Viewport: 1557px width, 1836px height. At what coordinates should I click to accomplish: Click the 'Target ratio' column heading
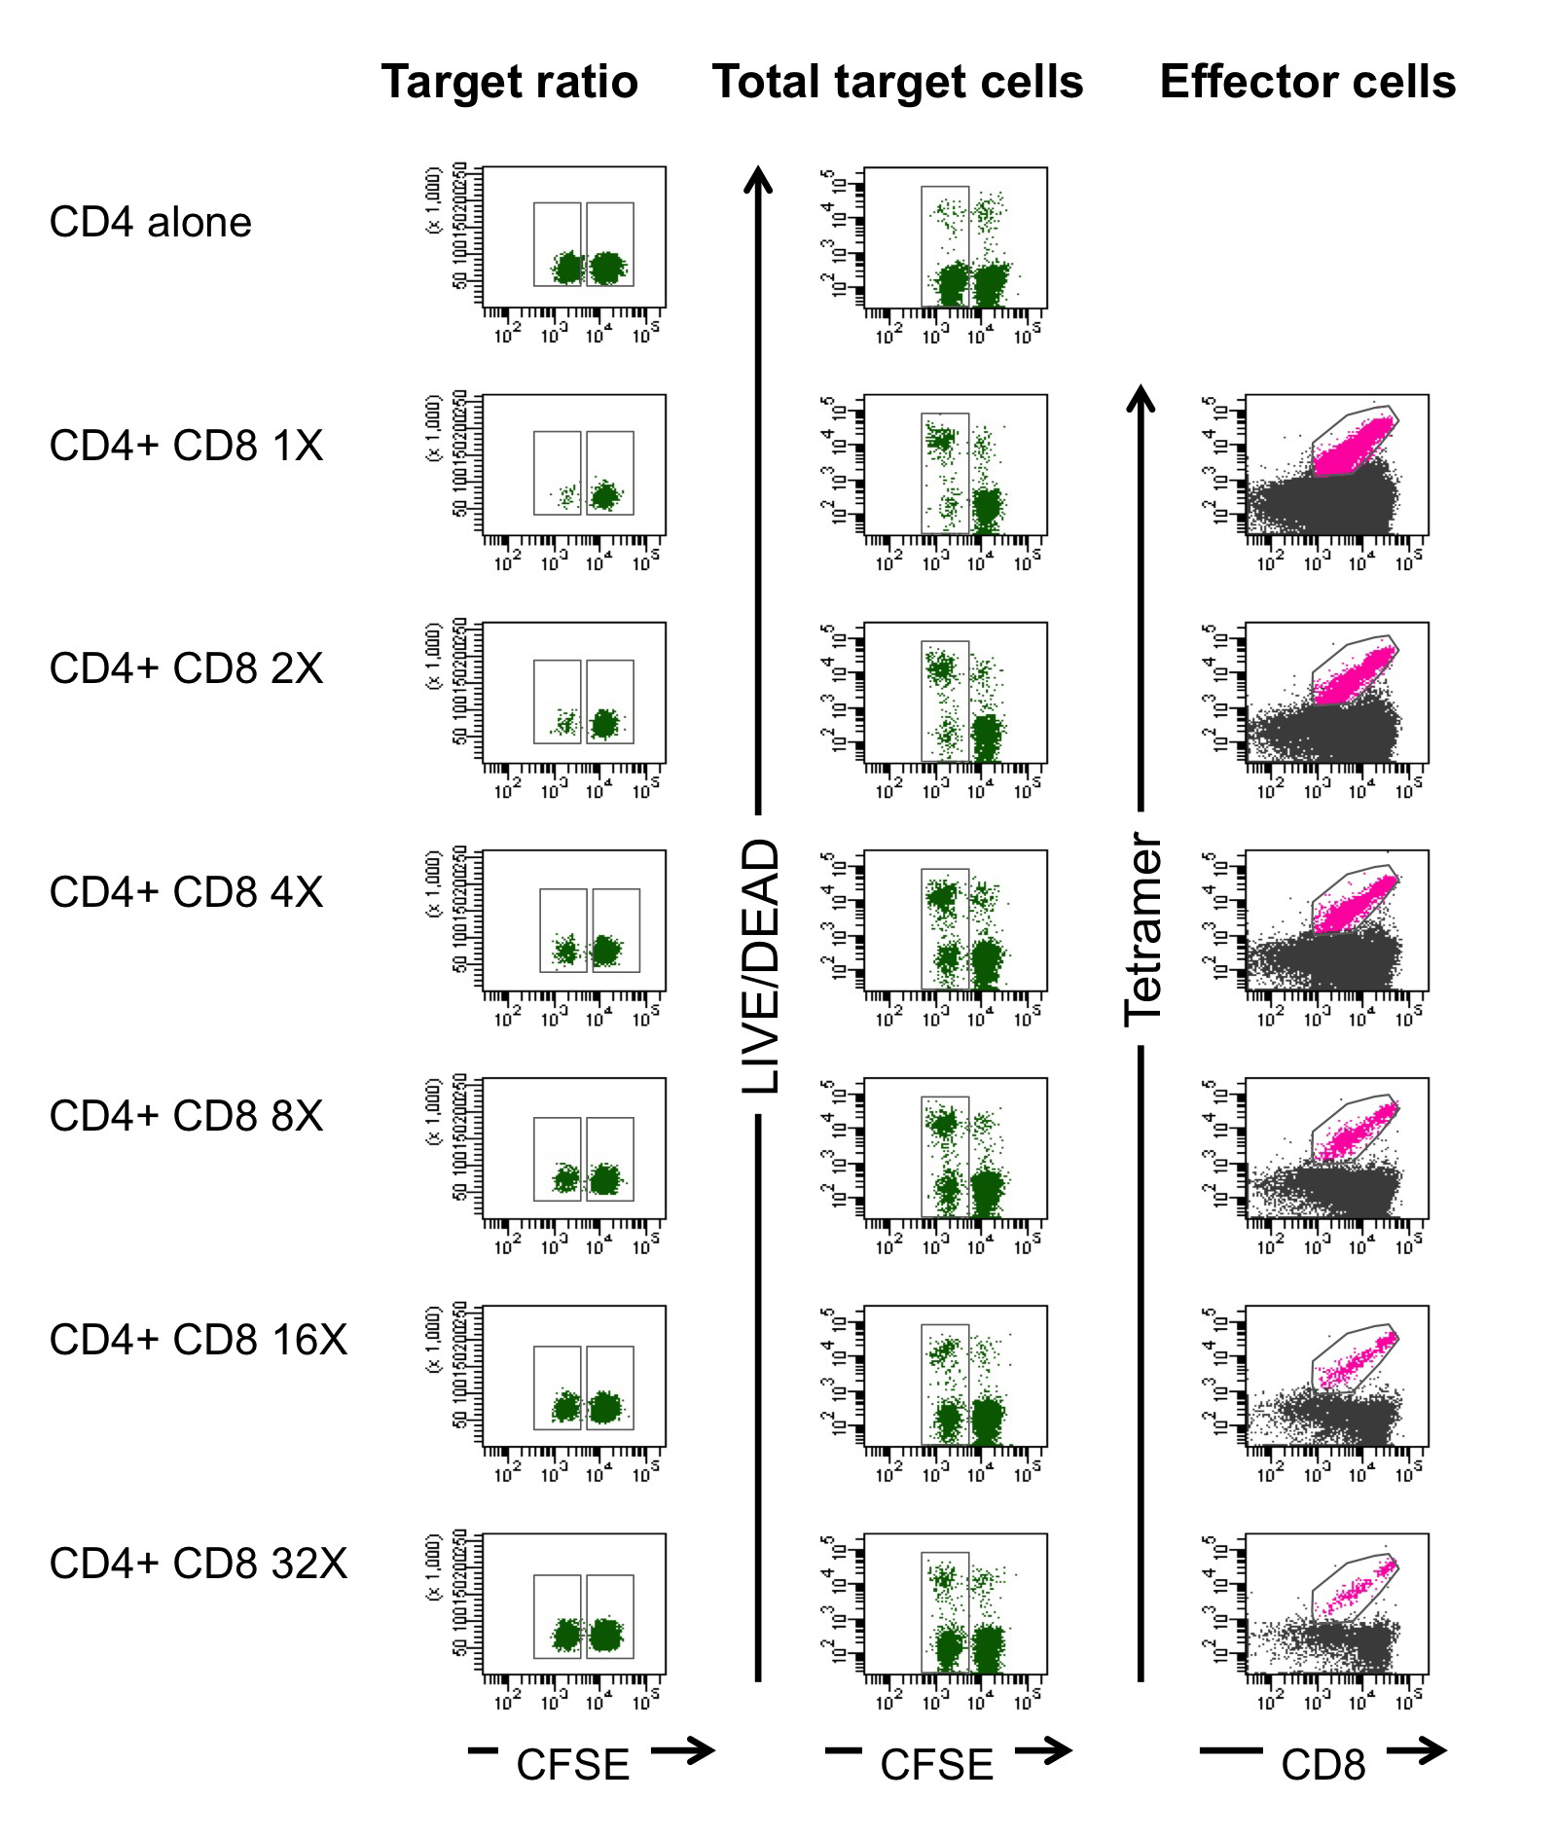509,82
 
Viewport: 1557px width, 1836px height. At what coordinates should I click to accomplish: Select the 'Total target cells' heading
897,82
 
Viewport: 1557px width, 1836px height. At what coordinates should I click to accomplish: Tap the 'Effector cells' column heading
1307,82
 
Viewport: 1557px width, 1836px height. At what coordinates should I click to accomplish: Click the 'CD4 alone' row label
151,223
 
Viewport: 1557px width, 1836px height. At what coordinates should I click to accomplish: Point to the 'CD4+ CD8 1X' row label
186,446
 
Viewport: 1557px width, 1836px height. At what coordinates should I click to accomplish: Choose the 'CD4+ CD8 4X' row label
186,892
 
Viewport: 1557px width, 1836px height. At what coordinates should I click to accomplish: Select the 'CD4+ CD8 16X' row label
199,1340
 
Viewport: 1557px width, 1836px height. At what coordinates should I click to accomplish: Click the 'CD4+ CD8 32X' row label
199,1564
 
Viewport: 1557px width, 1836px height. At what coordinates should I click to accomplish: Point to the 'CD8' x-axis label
1322,1765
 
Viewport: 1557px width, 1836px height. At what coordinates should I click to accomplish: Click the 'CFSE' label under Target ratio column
572,1765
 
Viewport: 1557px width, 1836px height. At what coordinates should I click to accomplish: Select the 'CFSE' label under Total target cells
936,1765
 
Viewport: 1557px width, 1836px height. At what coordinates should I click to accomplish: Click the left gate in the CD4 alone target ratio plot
558,244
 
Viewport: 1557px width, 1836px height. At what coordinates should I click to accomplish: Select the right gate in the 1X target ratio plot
610,473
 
